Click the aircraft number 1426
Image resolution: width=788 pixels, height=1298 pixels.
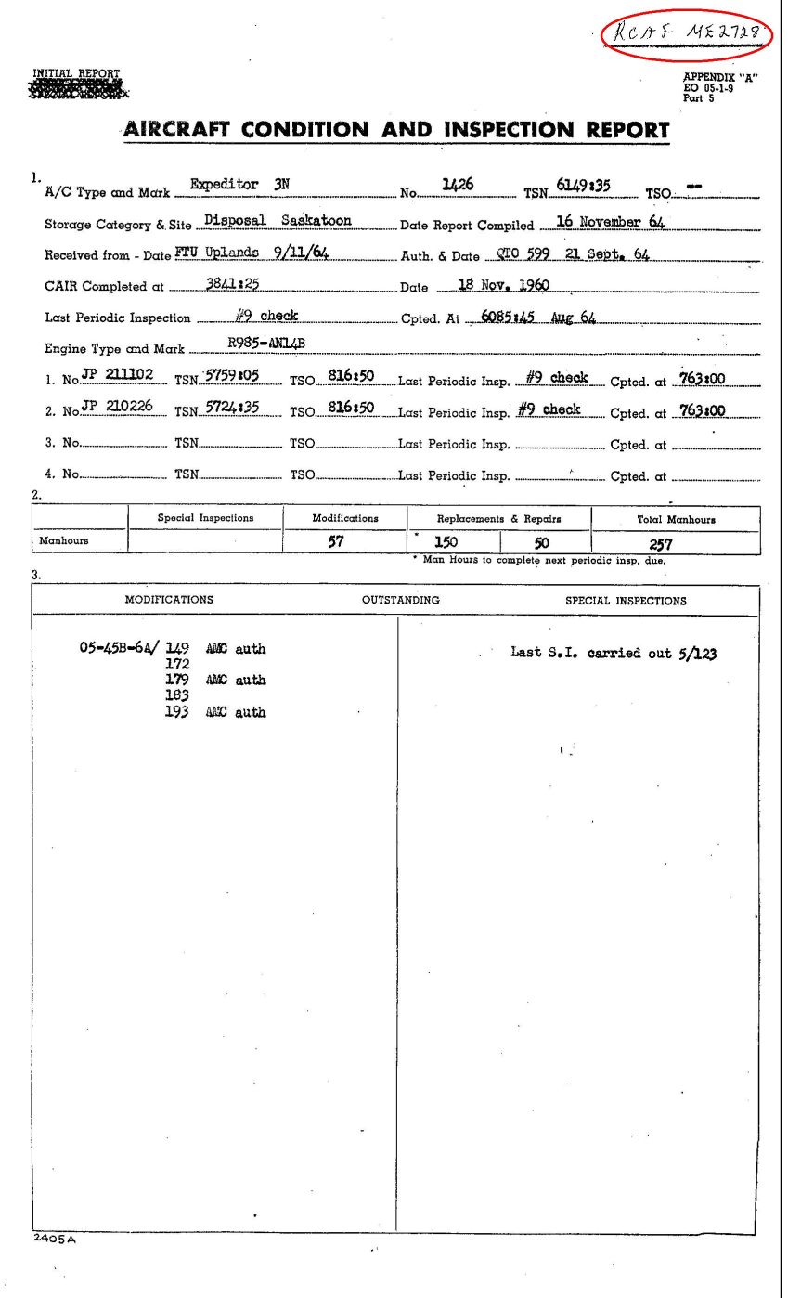point(459,185)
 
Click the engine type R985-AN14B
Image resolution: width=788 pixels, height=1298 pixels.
point(266,344)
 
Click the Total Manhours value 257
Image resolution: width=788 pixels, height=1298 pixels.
point(660,545)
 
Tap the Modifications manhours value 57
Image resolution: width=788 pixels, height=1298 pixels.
point(337,542)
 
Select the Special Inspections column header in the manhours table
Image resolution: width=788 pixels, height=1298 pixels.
point(205,518)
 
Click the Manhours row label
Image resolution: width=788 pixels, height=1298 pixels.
point(64,540)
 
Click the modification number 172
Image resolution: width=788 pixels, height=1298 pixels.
point(176,664)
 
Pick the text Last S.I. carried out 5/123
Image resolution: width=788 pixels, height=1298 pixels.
point(614,653)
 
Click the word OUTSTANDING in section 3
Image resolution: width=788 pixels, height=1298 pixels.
point(401,600)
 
